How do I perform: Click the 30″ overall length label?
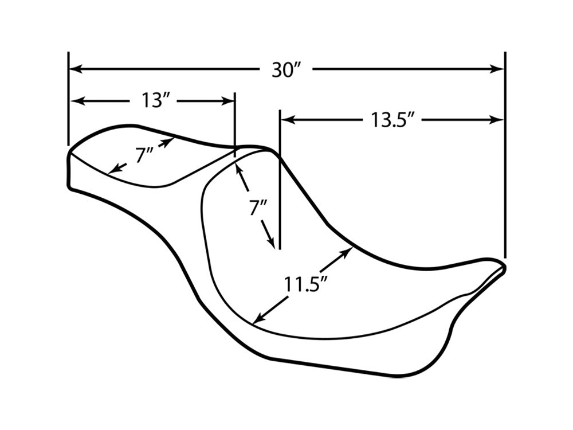click(286, 69)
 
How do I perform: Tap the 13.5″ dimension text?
click(393, 120)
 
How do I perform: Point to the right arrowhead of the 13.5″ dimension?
click(497, 120)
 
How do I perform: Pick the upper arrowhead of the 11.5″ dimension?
click(347, 252)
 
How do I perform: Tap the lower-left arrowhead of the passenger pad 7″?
click(116, 169)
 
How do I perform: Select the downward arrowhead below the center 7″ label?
click(271, 242)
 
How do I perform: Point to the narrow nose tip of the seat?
click(504, 266)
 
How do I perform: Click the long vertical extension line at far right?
click(505, 155)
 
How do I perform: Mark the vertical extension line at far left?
click(68, 99)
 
